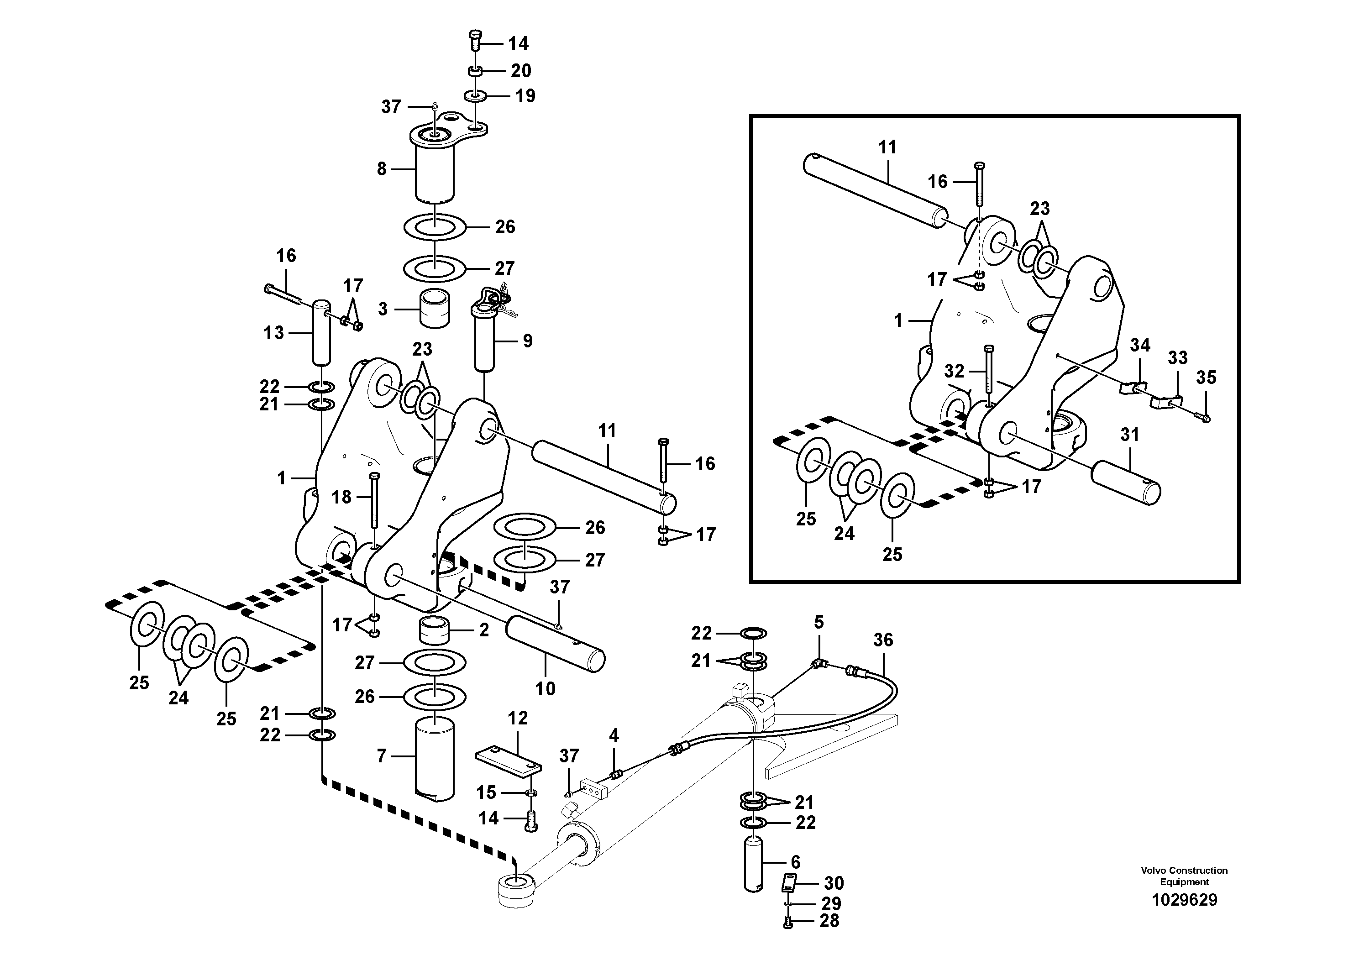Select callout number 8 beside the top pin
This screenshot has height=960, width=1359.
[382, 169]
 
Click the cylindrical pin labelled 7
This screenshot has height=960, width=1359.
[435, 758]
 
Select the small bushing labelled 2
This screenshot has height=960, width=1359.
[435, 630]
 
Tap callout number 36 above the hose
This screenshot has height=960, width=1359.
[883, 640]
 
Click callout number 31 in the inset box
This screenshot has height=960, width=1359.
[1129, 435]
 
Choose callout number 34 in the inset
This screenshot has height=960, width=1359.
[1139, 346]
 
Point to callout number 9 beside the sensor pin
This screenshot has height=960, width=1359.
[527, 341]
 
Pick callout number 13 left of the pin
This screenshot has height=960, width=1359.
[273, 333]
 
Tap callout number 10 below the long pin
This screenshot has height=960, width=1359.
[545, 689]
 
